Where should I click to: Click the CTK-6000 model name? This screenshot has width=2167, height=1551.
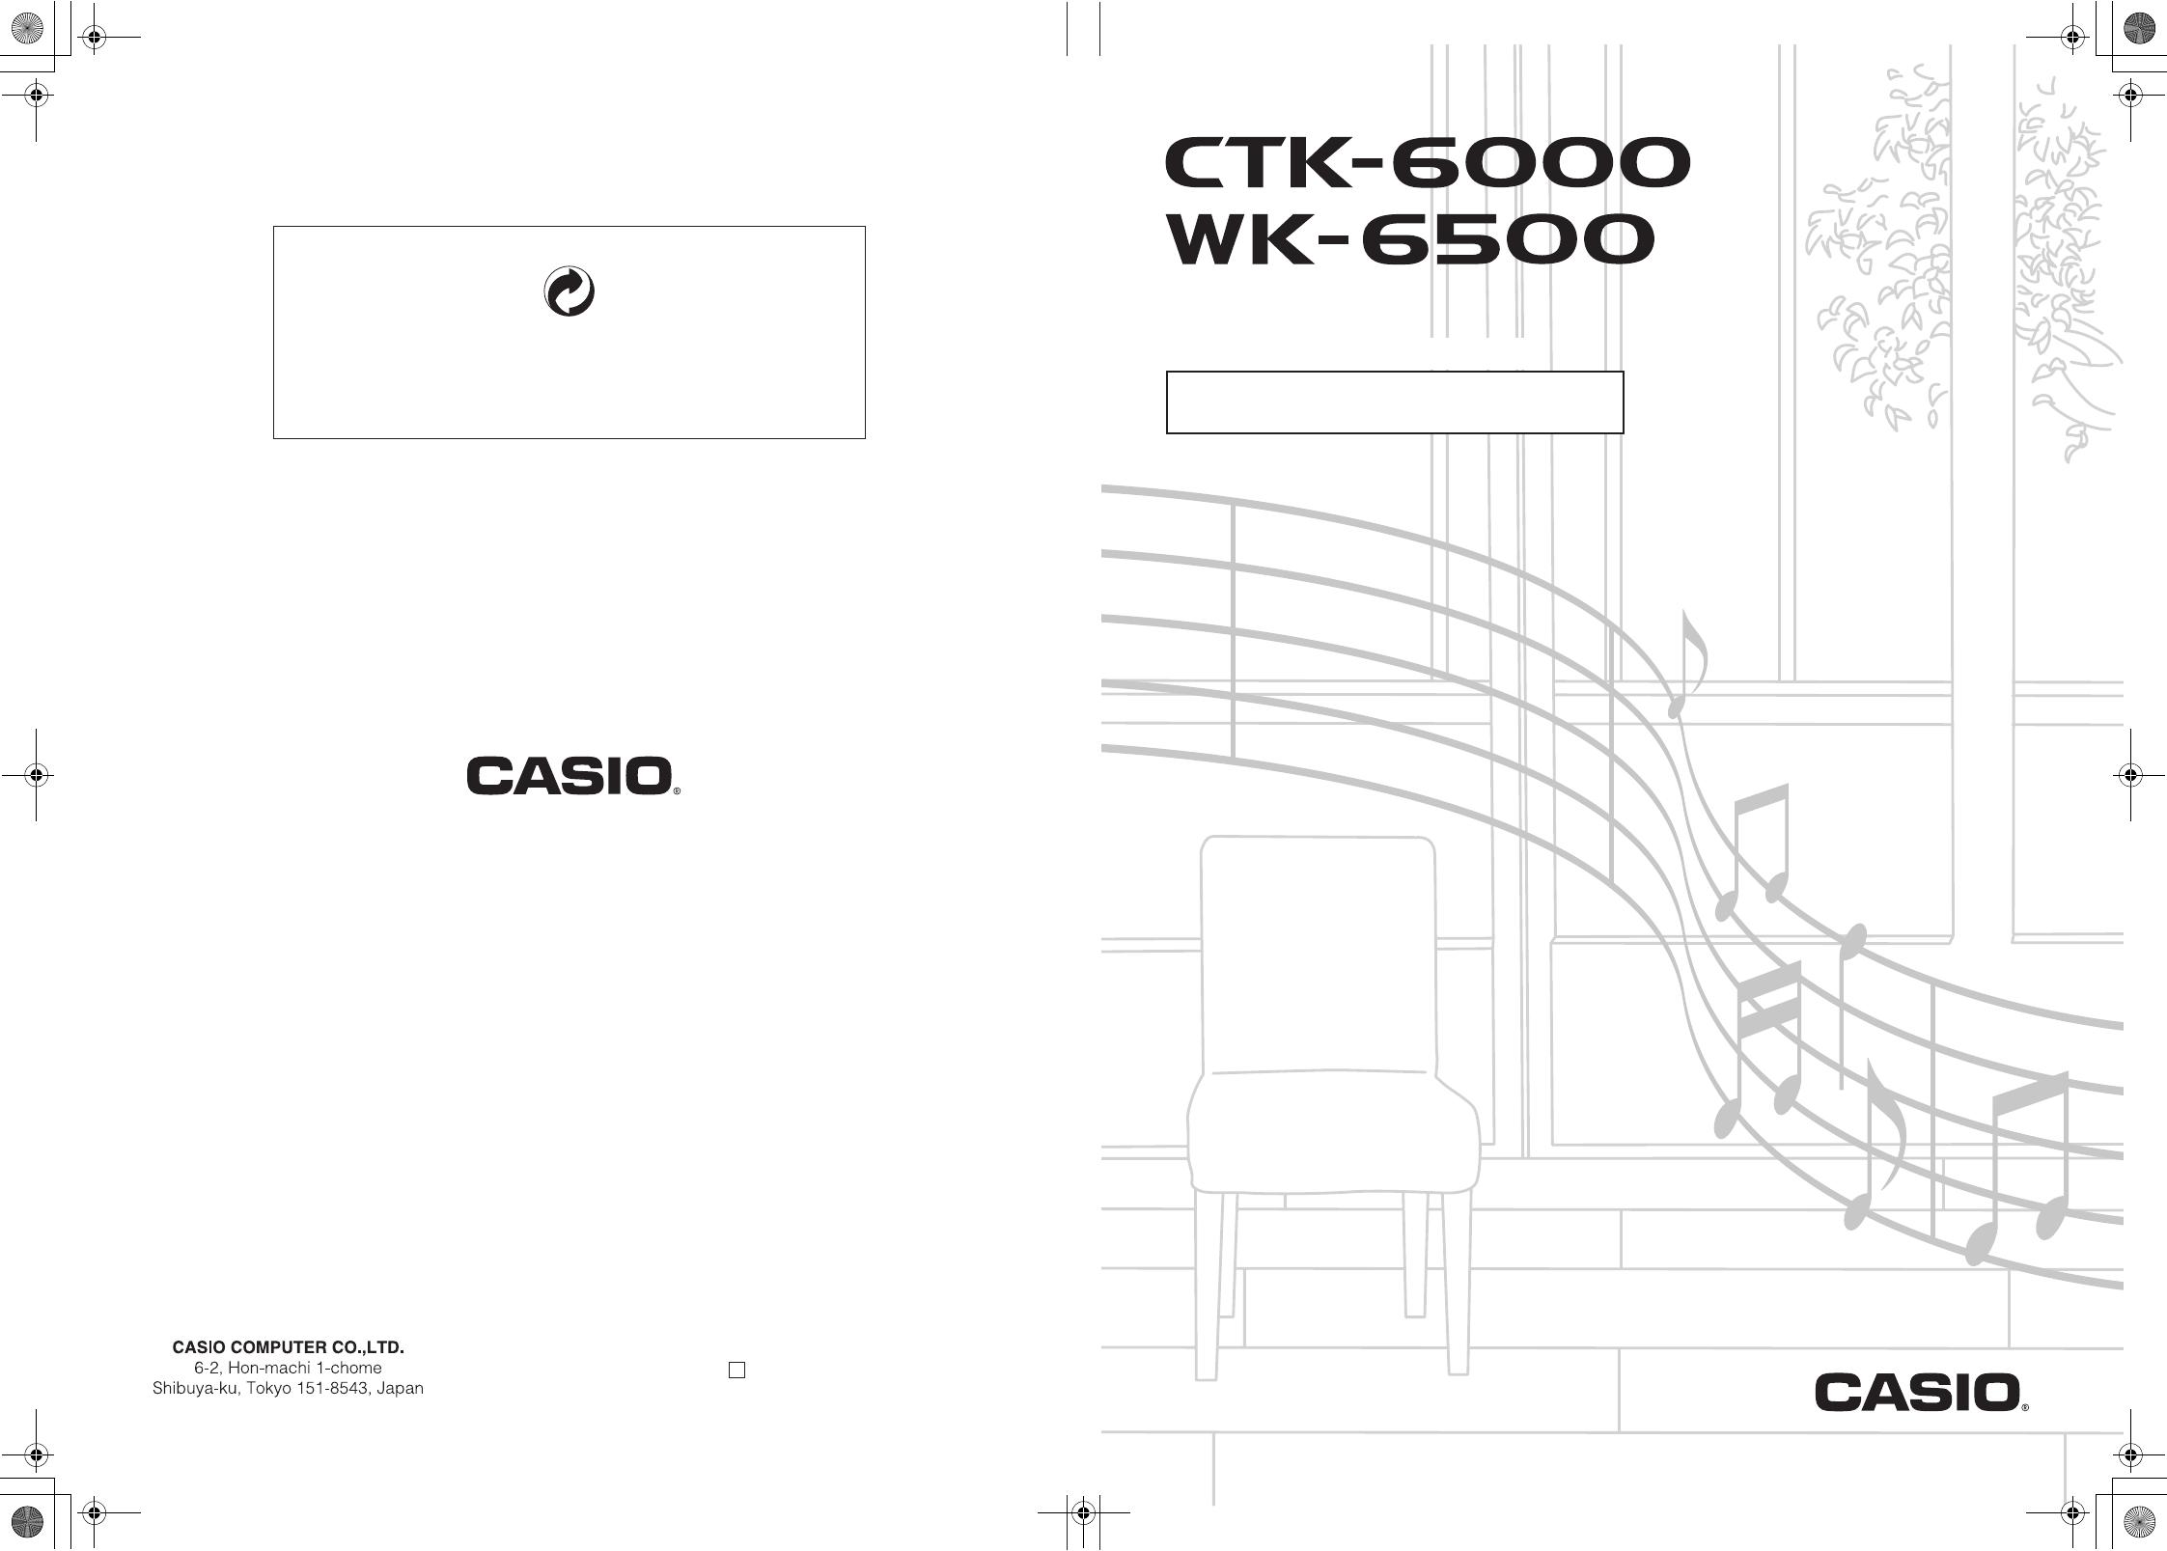[x=1427, y=164]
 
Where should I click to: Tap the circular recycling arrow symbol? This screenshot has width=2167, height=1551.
[x=570, y=292]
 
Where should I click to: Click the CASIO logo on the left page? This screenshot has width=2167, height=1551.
[x=570, y=776]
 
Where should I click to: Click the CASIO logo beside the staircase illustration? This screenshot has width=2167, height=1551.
[x=1917, y=1394]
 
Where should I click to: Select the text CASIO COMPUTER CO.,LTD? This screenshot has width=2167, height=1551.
[x=288, y=1346]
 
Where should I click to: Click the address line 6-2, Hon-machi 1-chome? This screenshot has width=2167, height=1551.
[x=288, y=1368]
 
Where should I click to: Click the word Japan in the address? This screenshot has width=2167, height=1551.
[x=400, y=1389]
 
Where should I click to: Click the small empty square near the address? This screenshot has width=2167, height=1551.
[x=736, y=1371]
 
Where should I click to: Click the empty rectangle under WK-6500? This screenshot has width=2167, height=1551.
[x=1395, y=402]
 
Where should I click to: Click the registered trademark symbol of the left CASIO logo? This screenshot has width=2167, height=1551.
[x=677, y=790]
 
